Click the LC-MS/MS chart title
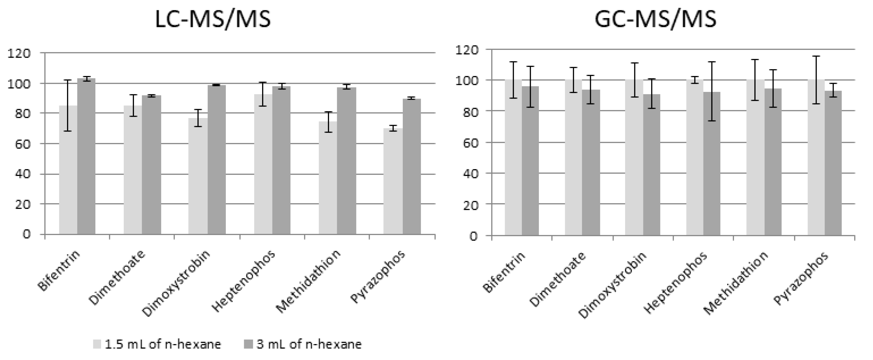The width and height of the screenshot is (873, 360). (213, 19)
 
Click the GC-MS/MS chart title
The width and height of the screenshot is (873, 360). (656, 19)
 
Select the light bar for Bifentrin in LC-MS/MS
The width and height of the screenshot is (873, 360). (68, 169)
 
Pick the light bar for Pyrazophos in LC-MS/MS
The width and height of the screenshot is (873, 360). (393, 181)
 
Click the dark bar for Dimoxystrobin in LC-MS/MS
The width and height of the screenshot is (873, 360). (217, 159)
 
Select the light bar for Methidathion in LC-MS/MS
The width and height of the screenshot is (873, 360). (328, 178)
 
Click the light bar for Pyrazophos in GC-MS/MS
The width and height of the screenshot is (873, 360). (816, 158)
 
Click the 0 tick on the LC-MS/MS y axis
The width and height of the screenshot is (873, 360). (26, 234)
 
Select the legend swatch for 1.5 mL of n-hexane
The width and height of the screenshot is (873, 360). (97, 344)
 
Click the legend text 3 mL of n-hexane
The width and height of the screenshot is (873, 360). (309, 344)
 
